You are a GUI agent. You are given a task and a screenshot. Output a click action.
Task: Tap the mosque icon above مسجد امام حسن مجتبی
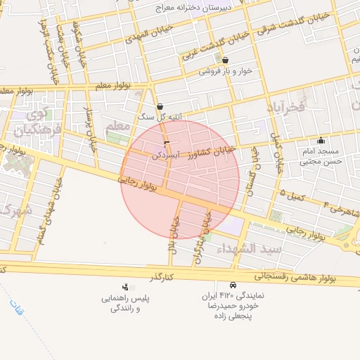pos(321,140)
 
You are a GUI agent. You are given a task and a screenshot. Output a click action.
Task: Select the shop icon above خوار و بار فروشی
pos(225,60)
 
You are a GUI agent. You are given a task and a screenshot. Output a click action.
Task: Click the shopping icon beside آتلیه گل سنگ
pos(160,106)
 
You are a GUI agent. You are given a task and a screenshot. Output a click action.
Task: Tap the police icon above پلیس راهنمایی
pos(125,287)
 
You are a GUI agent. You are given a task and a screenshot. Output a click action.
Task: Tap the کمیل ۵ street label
pos(291,195)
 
